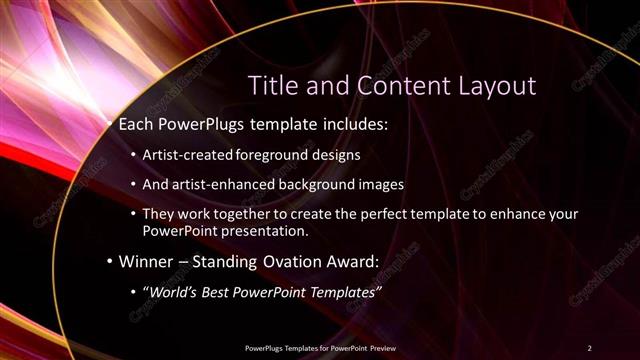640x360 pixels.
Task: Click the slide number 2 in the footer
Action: point(589,347)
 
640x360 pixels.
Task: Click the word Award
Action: point(347,262)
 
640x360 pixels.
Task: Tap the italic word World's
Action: point(175,292)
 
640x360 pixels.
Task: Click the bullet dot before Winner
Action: point(110,262)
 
